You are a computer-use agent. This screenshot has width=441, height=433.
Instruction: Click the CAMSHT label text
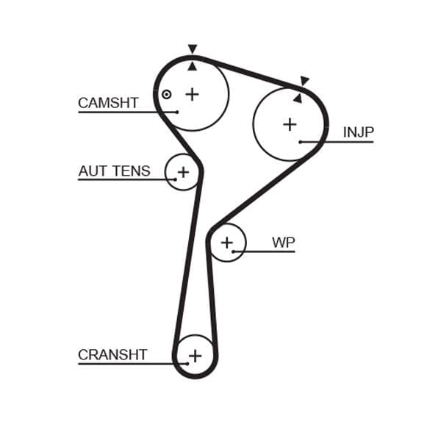pyautogui.click(x=108, y=103)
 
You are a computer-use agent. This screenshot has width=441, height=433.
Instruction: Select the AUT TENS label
pyautogui.click(x=114, y=171)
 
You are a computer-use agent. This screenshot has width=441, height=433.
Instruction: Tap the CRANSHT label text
pyautogui.click(x=112, y=355)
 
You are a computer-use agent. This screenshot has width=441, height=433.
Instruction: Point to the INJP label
pyautogui.click(x=358, y=132)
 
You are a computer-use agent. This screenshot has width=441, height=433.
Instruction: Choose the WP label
pyautogui.click(x=283, y=243)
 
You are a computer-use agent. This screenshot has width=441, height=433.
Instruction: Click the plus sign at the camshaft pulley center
pyautogui.click(x=192, y=94)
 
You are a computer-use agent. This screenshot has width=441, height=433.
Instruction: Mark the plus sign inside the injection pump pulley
pyautogui.click(x=290, y=124)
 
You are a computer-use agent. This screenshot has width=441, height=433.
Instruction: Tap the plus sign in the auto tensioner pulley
pyautogui.click(x=183, y=172)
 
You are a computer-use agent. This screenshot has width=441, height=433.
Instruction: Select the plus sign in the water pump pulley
pyautogui.click(x=227, y=243)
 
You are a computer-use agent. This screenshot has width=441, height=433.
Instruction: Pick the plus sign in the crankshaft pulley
pyautogui.click(x=195, y=357)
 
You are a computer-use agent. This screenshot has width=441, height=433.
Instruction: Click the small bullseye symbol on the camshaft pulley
pyautogui.click(x=167, y=94)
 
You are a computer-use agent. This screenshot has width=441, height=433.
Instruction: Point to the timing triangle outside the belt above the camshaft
pyautogui.click(x=193, y=49)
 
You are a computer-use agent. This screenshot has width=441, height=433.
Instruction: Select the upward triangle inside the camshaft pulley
pyautogui.click(x=193, y=66)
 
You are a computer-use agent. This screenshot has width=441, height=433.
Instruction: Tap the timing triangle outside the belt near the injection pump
pyautogui.click(x=304, y=81)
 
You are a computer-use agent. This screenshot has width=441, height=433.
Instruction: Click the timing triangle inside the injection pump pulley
pyautogui.click(x=298, y=98)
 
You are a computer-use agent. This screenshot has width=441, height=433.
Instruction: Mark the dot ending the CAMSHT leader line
pyautogui.click(x=177, y=112)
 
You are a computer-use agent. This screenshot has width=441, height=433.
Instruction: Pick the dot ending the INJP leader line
pyautogui.click(x=301, y=141)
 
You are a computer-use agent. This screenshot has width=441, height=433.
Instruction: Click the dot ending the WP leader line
pyautogui.click(x=233, y=251)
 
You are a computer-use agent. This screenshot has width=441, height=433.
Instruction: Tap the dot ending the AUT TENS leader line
pyautogui.click(x=175, y=179)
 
